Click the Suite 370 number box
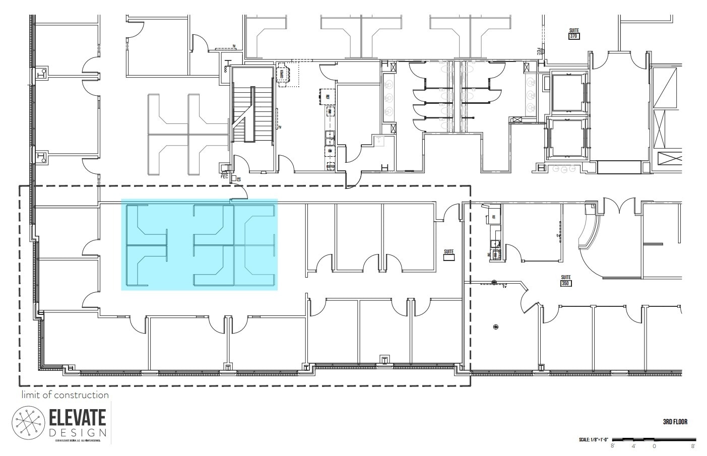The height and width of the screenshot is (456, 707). (x=573, y=36)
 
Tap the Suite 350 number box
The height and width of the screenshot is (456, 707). (x=565, y=284)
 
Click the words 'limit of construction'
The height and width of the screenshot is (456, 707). (x=65, y=395)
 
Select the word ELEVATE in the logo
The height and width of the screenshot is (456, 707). (x=78, y=418)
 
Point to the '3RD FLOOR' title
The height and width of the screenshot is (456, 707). (x=675, y=422)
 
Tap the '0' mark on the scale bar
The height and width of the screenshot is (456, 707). (x=654, y=446)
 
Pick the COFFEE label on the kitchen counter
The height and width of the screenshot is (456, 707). (x=331, y=166)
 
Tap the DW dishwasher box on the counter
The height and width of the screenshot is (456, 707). (x=330, y=151)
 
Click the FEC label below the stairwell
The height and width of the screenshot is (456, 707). (x=224, y=177)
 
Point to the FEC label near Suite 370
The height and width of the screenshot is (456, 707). (x=538, y=51)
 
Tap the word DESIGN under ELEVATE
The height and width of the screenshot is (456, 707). (x=78, y=433)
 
